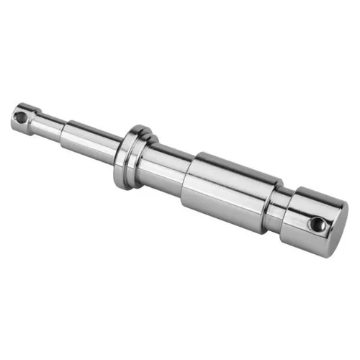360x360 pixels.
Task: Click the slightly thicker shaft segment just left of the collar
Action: [90, 140]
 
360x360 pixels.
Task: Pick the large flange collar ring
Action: [128, 157]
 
